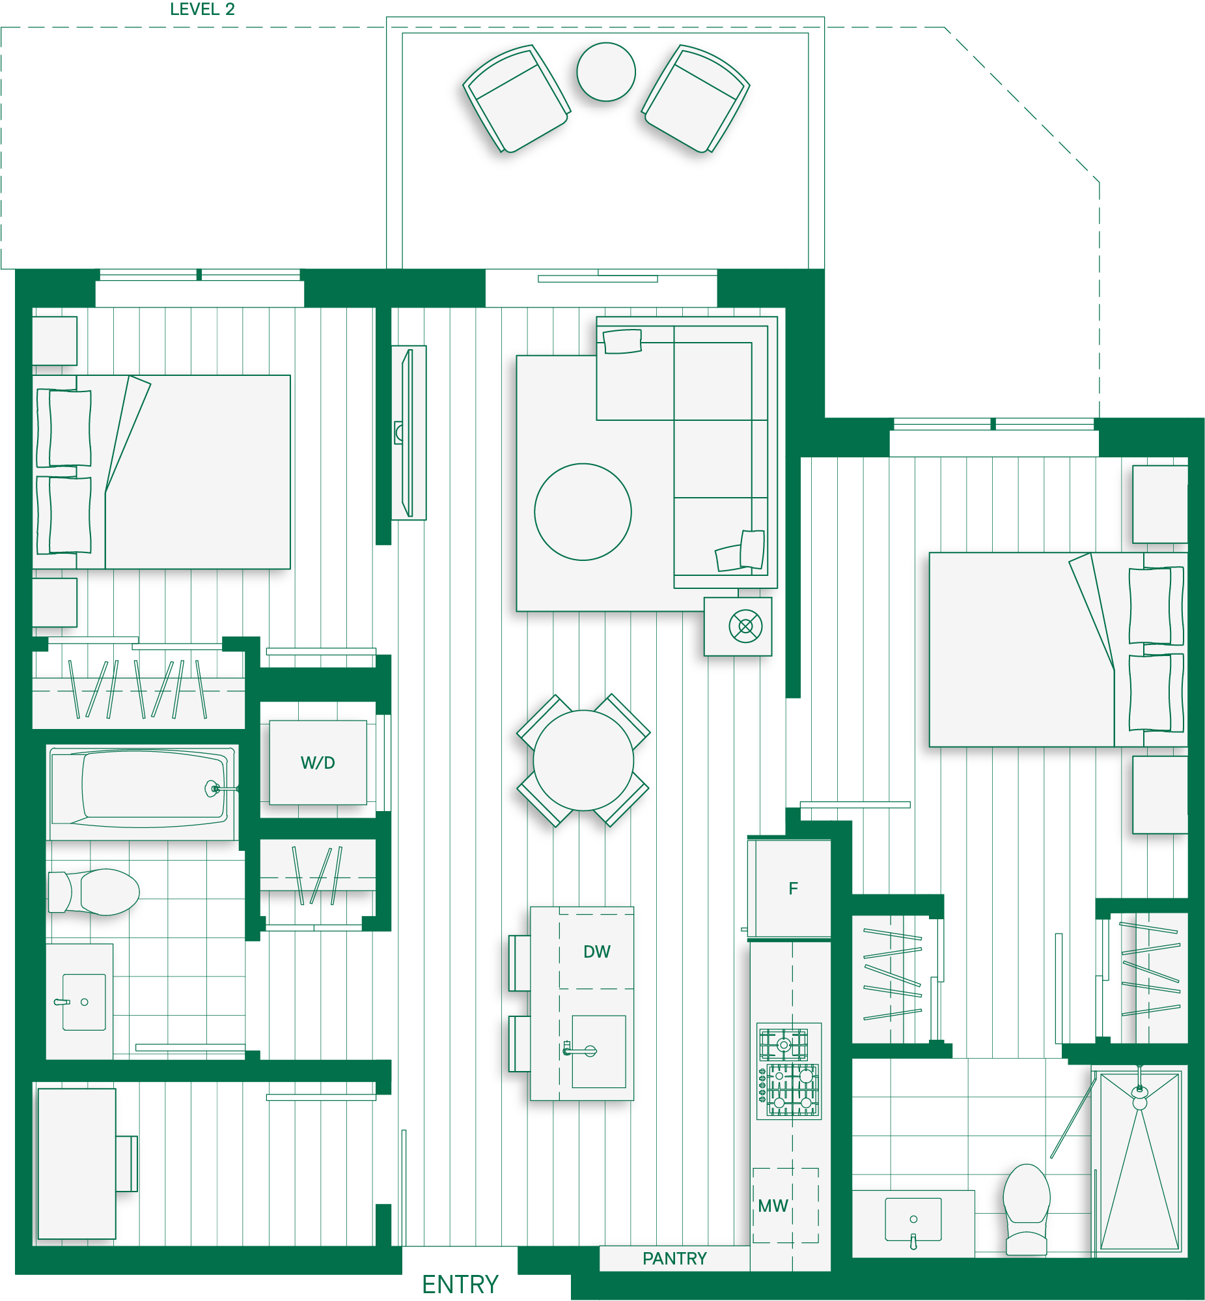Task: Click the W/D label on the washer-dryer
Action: [318, 763]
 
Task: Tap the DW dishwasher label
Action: [596, 951]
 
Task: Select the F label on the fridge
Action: [793, 888]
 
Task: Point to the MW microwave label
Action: [773, 1206]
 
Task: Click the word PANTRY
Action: [674, 1258]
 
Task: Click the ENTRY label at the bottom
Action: [460, 1284]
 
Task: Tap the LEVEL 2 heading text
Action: [202, 9]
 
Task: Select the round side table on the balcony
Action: [606, 72]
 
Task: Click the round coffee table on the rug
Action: [582, 511]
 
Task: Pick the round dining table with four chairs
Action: [583, 760]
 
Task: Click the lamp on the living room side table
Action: [745, 626]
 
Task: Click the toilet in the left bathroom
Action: [94, 892]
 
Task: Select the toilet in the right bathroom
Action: [1027, 1209]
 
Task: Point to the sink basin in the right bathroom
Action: [913, 1219]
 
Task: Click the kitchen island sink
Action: [598, 1051]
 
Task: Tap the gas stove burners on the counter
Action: [789, 1071]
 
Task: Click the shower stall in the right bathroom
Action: [1139, 1162]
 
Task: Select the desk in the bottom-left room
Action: [76, 1164]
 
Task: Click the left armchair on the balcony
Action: [516, 98]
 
